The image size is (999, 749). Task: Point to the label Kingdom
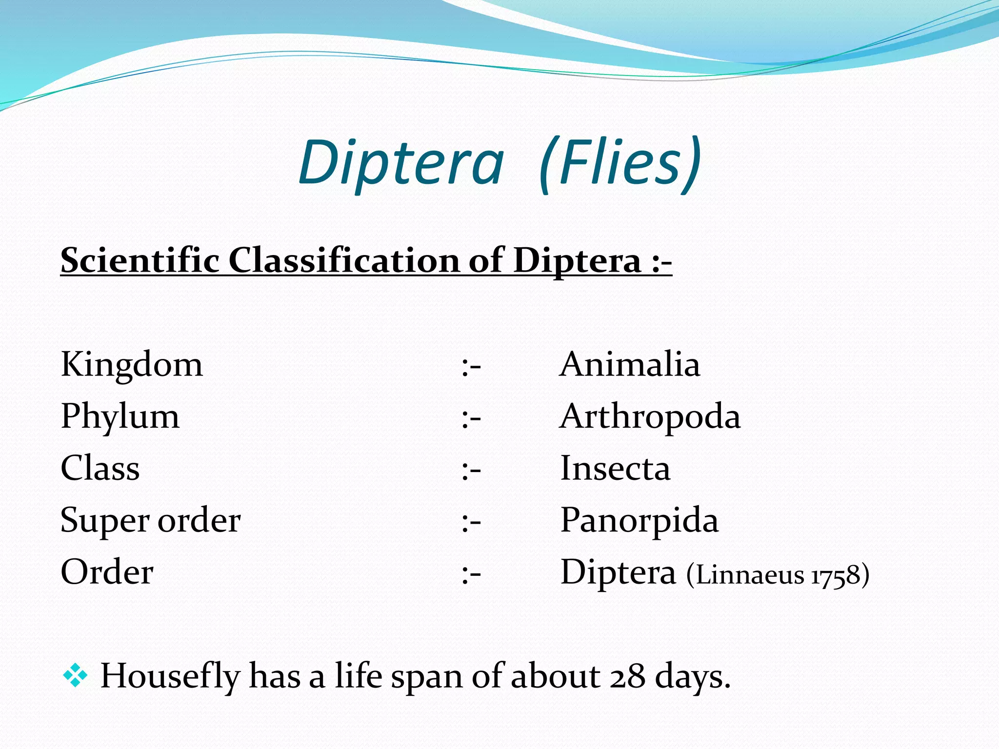[132, 365]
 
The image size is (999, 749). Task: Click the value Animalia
[630, 365]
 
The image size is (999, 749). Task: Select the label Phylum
[120, 417]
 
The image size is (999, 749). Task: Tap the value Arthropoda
[650, 417]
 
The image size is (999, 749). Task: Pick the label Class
[100, 469]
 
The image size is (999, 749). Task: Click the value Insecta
[615, 469]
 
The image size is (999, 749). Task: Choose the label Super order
[150, 520]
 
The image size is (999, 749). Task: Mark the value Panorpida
[639, 520]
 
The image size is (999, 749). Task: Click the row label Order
[107, 572]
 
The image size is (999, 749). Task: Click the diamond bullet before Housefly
[75, 676]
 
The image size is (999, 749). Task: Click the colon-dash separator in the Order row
[471, 574]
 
